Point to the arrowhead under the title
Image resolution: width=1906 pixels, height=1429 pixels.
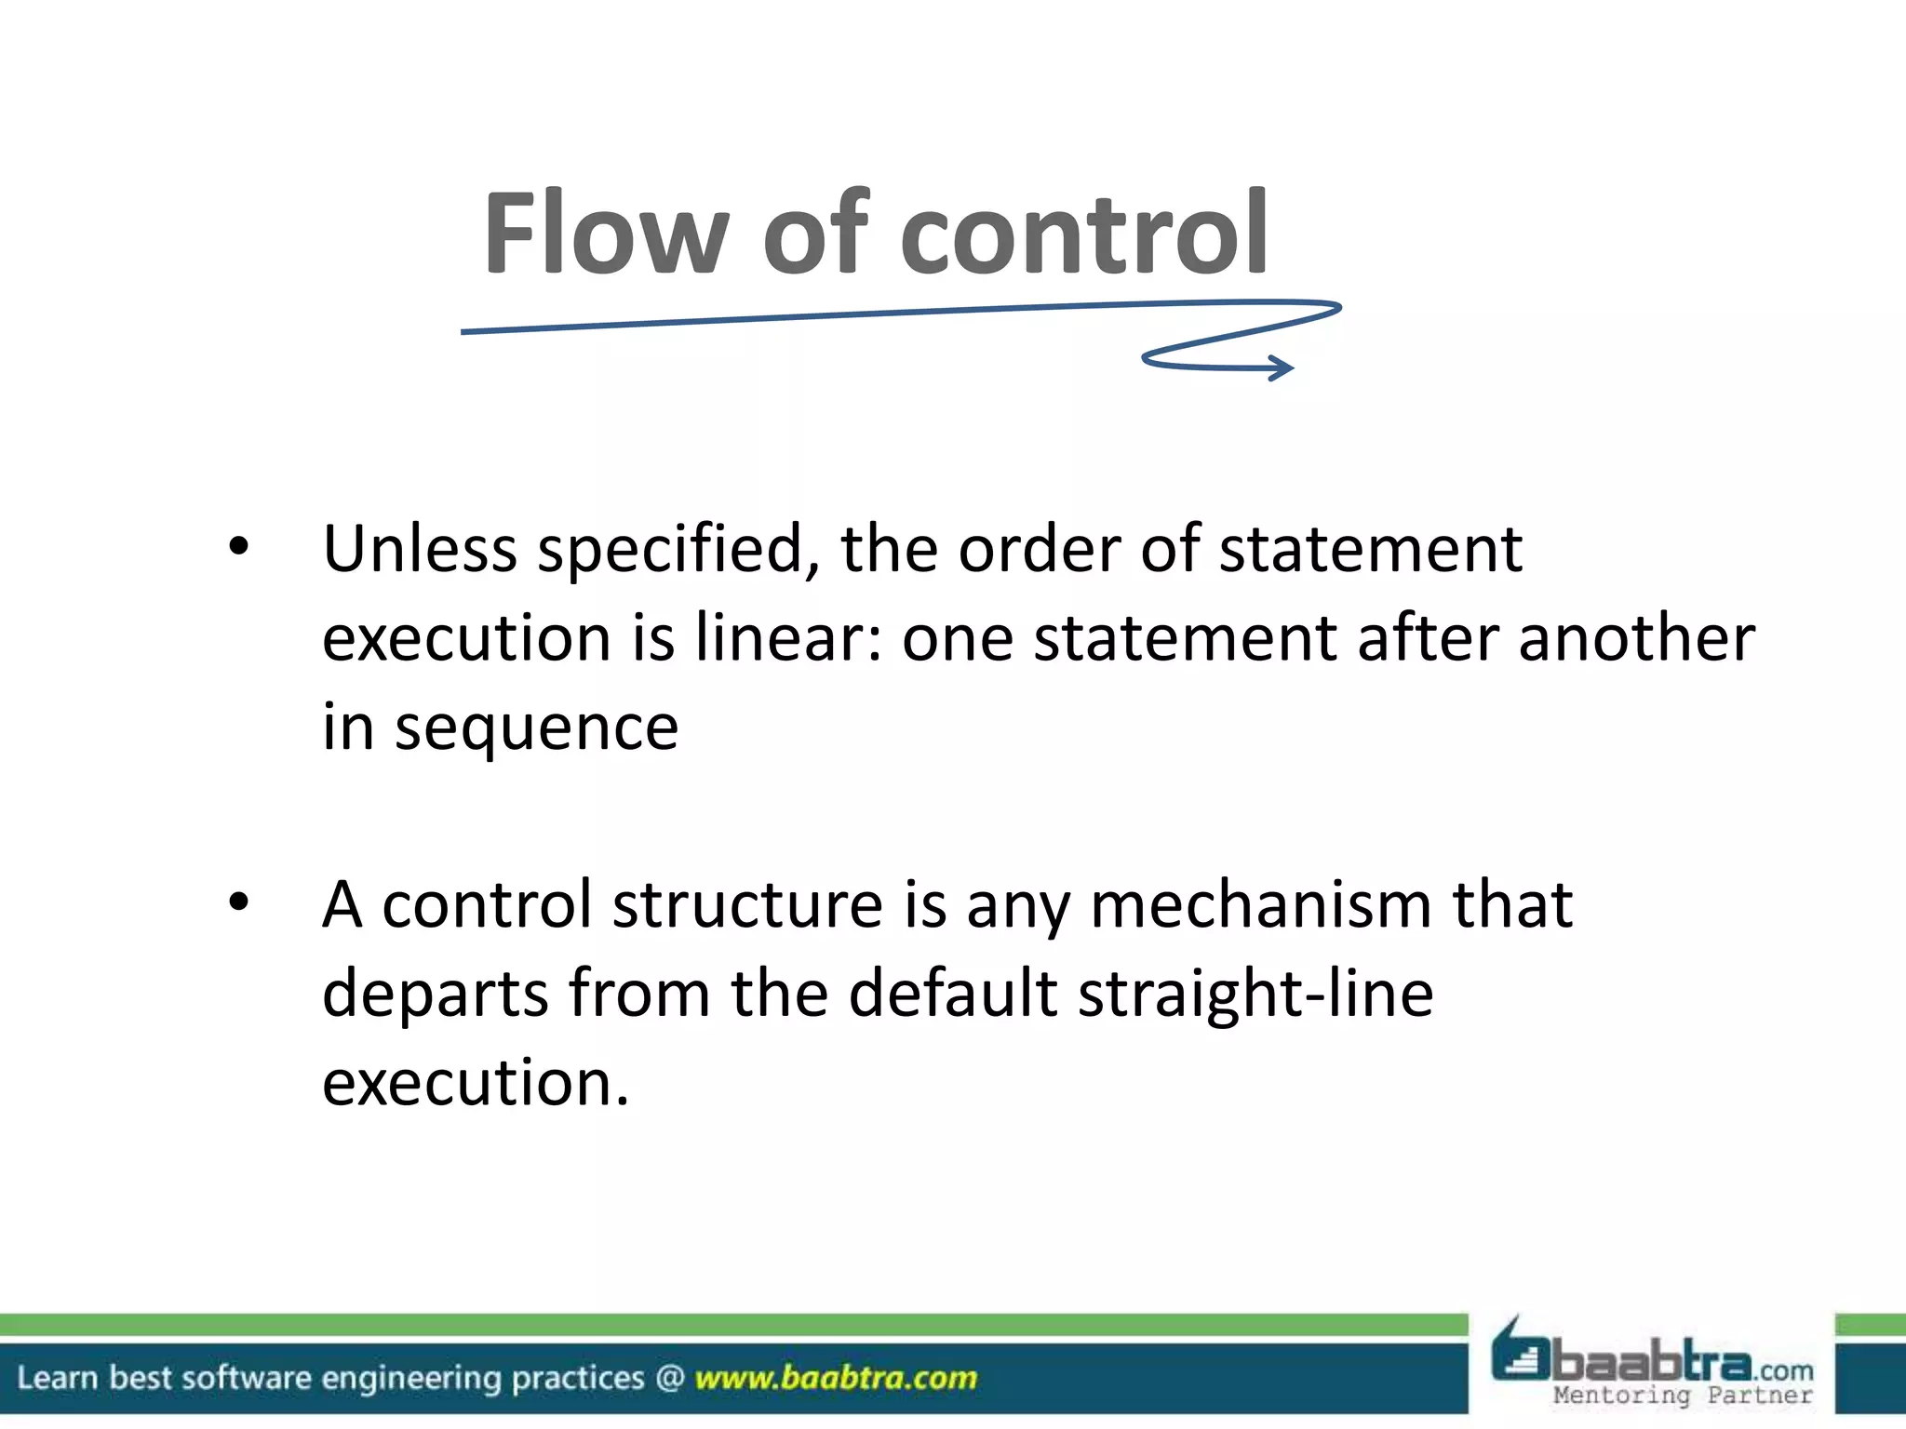[x=1283, y=368]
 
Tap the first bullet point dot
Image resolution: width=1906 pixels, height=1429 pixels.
[x=239, y=547]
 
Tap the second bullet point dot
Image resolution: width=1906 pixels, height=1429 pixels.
[x=239, y=901]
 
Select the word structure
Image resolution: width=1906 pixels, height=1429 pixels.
[x=746, y=904]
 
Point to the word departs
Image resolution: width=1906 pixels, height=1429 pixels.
[x=436, y=995]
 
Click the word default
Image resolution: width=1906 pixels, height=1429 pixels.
[x=953, y=993]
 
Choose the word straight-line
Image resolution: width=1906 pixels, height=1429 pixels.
[x=1255, y=995]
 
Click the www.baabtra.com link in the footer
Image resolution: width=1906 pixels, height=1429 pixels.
[x=836, y=1378]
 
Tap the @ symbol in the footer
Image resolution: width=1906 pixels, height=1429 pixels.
[x=670, y=1378]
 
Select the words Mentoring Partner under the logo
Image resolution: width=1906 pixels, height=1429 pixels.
[x=1683, y=1396]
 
